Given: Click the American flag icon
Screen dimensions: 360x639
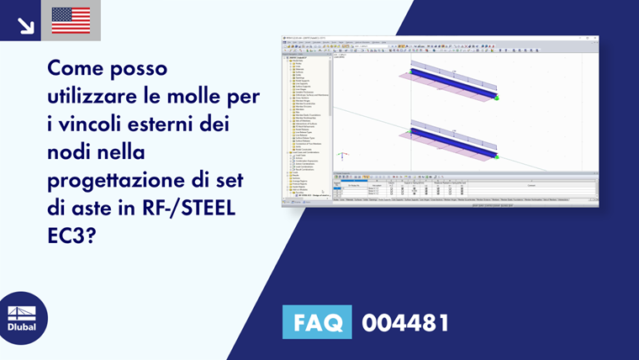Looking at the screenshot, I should tap(71, 20).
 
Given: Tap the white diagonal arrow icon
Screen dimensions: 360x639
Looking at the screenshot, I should tap(25, 24).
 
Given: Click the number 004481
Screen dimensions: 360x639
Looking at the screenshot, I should tap(405, 323).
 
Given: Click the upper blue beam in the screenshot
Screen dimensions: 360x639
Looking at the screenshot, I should tap(453, 81).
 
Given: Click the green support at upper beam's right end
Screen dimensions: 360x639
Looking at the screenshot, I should tap(497, 98).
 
